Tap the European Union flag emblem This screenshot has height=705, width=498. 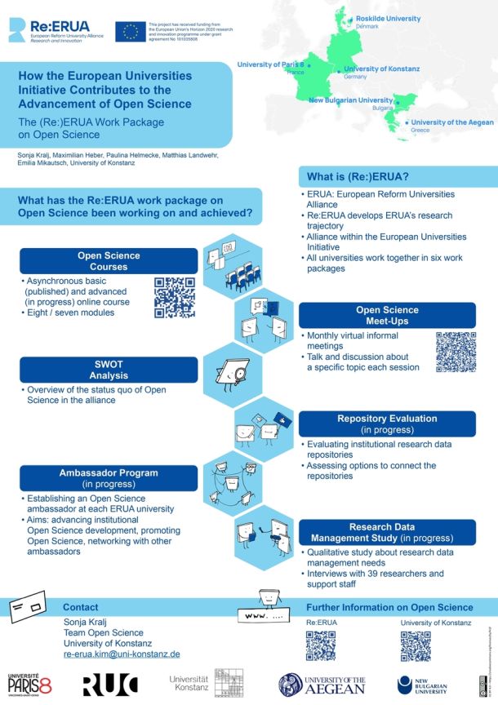click(130, 32)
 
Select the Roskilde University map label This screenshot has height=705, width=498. click(386, 17)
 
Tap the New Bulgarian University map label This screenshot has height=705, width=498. click(351, 100)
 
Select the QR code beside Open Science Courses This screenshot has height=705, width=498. click(175, 297)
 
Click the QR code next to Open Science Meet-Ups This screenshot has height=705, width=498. click(456, 352)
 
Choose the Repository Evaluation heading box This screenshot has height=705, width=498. click(387, 423)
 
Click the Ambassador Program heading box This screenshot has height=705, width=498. click(109, 478)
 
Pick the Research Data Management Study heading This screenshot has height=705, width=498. click(387, 532)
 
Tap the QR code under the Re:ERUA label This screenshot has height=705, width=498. click(321, 645)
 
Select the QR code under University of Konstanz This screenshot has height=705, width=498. click(416, 645)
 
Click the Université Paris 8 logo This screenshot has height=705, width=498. click(31, 685)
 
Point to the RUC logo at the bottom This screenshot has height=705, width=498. click(110, 685)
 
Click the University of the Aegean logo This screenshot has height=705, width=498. click(322, 685)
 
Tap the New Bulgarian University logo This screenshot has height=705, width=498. click(422, 685)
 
